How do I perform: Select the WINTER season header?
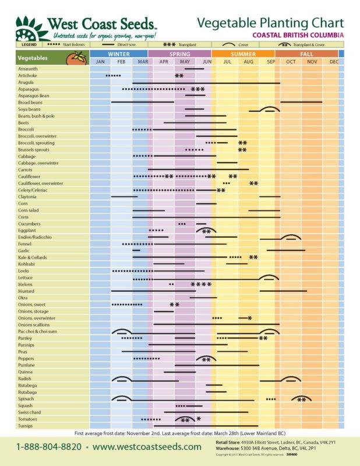119,54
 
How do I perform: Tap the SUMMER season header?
243,54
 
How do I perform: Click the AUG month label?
249,62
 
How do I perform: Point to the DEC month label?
334,62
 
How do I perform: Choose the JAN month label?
100,62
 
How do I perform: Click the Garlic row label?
24,250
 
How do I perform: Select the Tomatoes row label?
27,419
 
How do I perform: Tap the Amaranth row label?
28,69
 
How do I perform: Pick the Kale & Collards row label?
32,257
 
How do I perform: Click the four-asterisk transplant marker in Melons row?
201,284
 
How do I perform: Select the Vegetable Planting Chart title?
270,23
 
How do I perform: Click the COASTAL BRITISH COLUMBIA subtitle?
298,35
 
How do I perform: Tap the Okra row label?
23,298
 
